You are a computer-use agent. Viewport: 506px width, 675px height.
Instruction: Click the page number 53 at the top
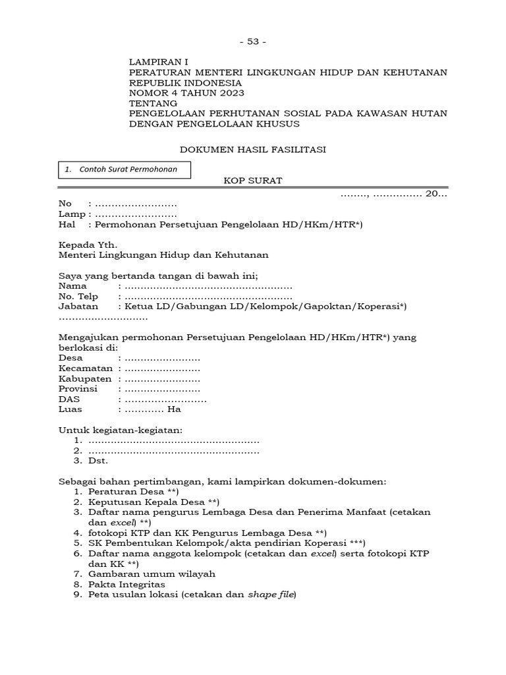click(253, 42)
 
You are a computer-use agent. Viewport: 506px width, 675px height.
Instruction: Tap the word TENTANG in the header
click(153, 103)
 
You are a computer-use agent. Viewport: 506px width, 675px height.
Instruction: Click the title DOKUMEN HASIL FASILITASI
click(253, 150)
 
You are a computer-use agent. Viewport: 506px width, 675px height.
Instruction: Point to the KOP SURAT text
click(253, 181)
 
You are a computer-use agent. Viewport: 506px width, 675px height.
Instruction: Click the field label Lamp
click(71, 214)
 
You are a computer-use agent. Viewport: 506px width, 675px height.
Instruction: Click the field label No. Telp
click(78, 297)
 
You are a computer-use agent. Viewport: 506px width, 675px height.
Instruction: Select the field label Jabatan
click(78, 307)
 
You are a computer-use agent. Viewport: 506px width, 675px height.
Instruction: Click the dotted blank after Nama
click(208, 287)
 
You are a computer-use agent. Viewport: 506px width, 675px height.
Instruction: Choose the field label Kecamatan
click(85, 368)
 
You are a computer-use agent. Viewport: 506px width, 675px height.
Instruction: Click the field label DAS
click(69, 399)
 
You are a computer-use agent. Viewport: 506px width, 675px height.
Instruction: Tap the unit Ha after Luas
click(174, 409)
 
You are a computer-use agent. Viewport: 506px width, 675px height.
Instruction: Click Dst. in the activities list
click(98, 461)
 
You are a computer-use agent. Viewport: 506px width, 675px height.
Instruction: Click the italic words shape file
click(271, 595)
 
